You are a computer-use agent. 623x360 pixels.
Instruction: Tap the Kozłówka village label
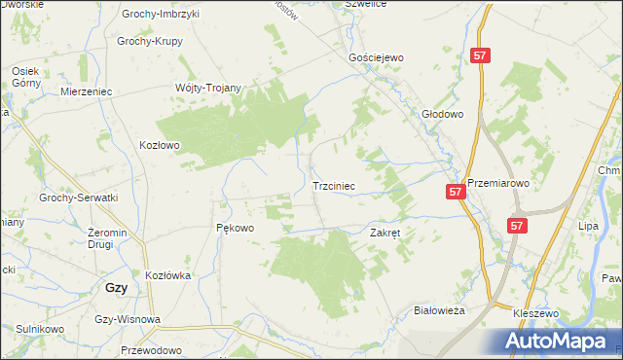click(x=166, y=275)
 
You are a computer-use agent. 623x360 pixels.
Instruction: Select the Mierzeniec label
click(x=87, y=90)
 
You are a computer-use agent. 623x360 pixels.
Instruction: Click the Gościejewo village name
click(x=376, y=57)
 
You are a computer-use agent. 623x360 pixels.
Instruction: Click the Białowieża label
click(x=440, y=309)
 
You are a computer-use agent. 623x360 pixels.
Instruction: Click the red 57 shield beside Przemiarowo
click(x=457, y=194)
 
